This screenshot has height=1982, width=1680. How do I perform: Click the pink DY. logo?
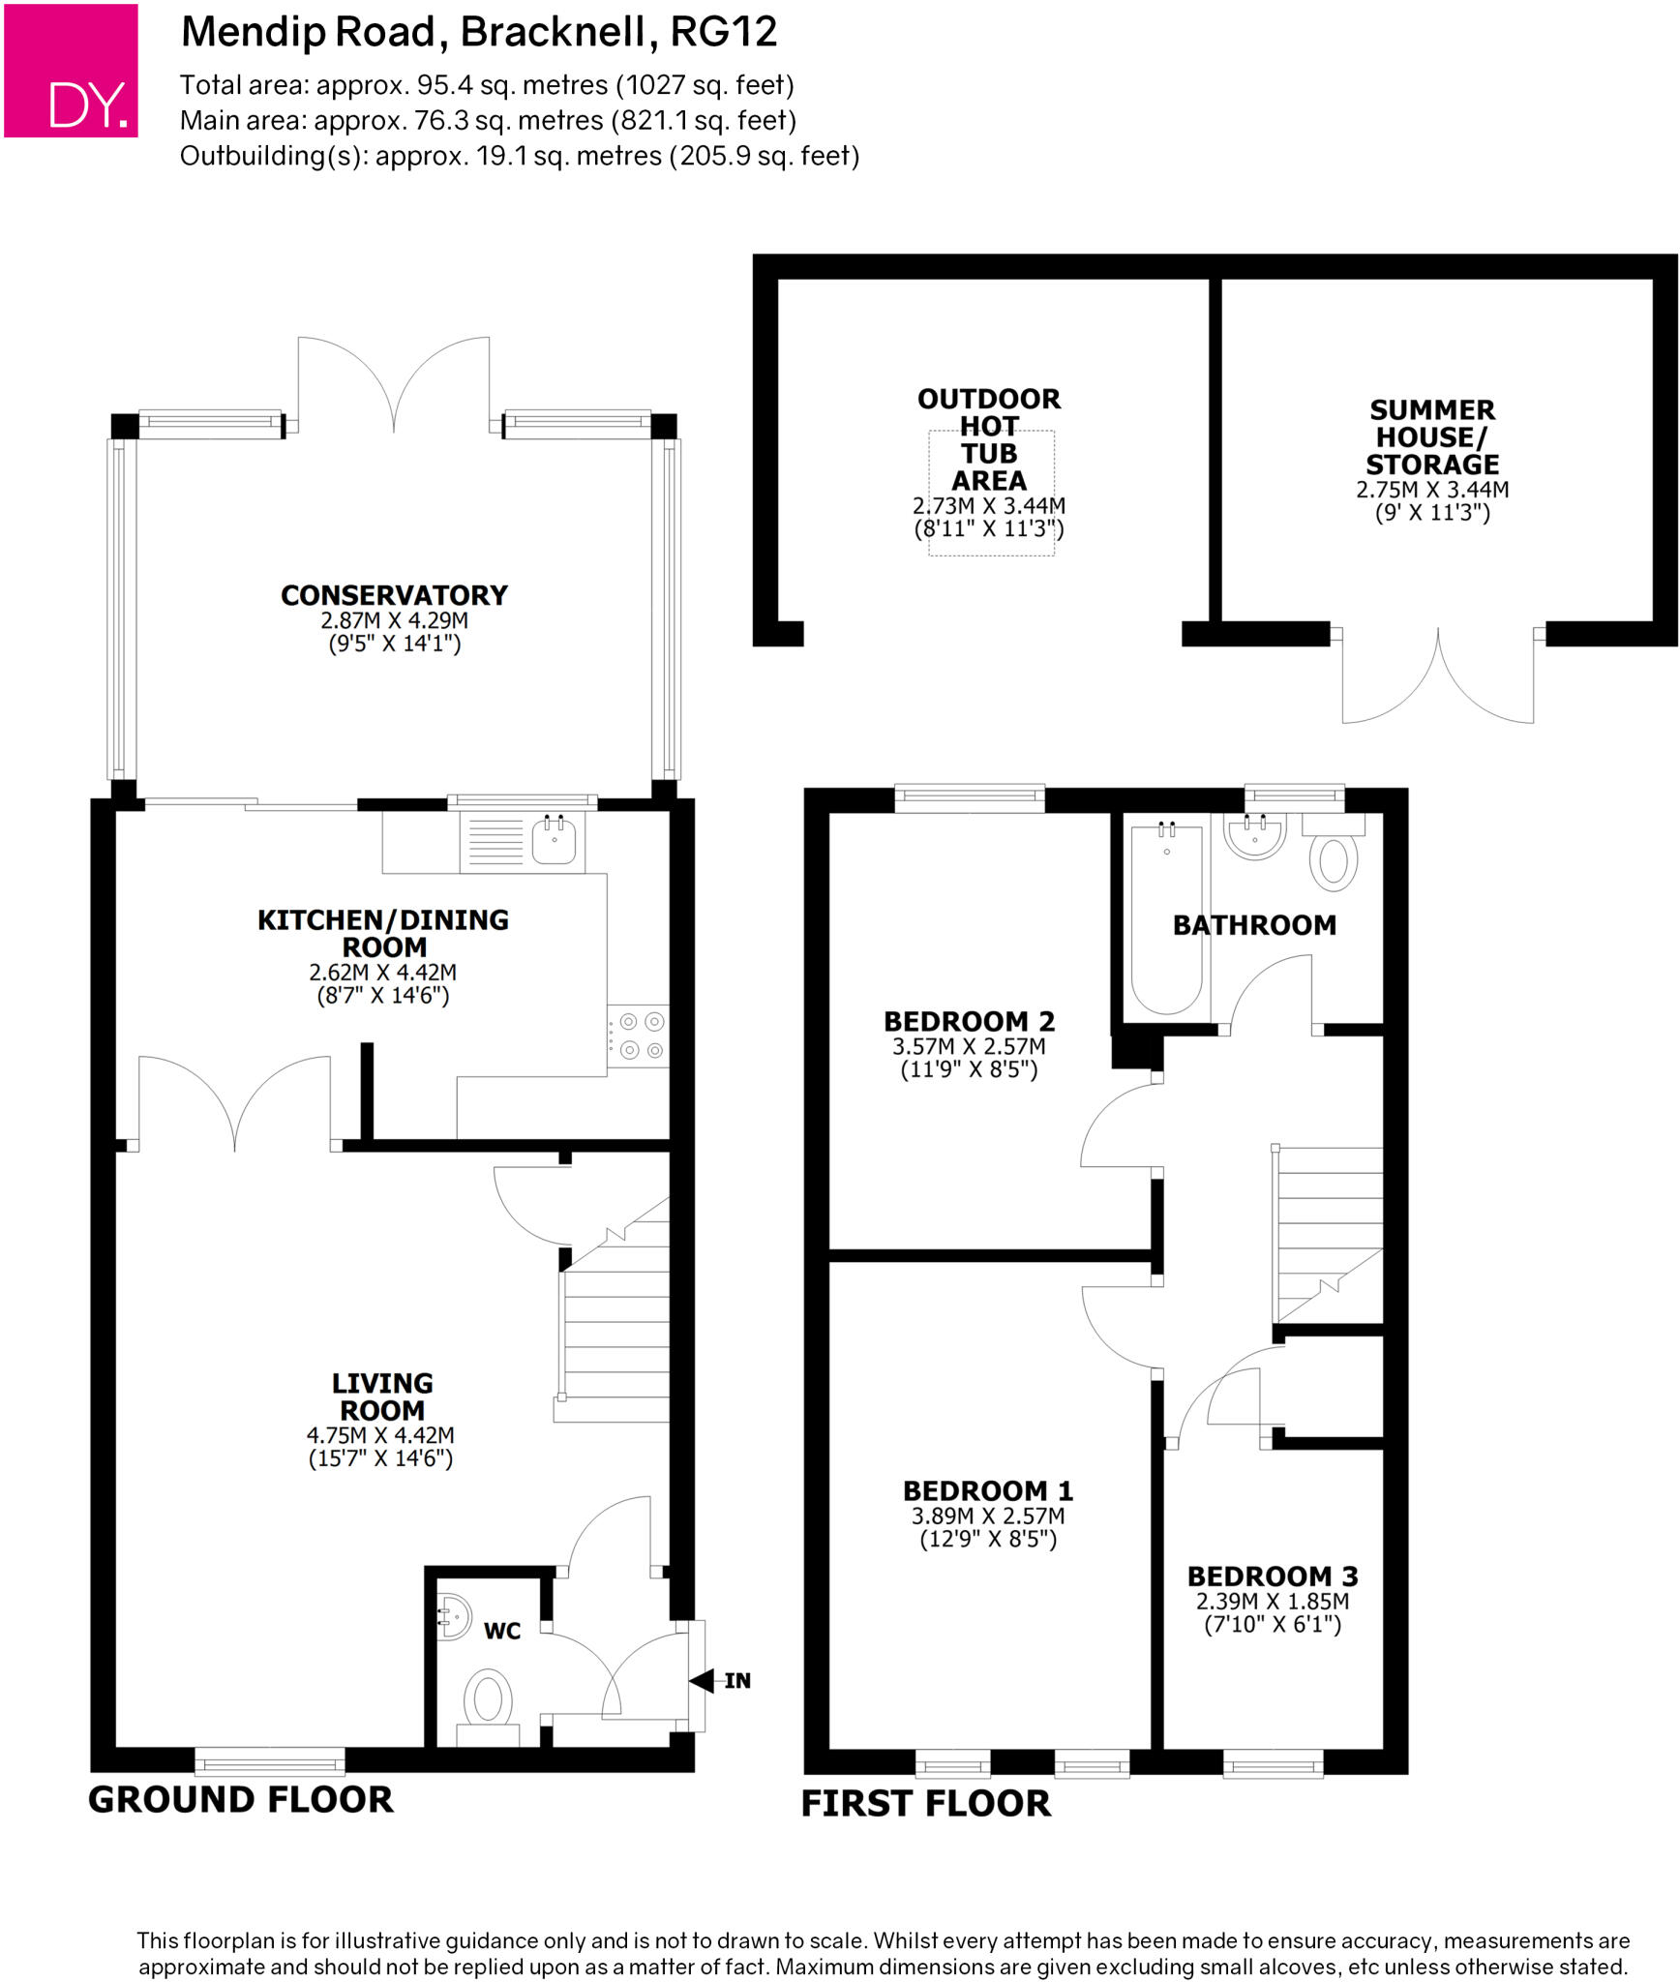click(71, 70)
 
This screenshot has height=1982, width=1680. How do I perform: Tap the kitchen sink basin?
click(554, 839)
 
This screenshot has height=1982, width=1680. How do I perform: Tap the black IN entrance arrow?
click(702, 1680)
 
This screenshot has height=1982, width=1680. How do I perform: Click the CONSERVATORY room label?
click(394, 595)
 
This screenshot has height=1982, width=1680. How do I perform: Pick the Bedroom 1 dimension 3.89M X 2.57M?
click(987, 1516)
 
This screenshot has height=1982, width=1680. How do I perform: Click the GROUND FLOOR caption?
click(241, 1800)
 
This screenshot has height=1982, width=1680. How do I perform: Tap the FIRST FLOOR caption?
click(925, 1804)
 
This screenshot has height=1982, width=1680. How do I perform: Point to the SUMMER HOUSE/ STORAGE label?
click(1432, 437)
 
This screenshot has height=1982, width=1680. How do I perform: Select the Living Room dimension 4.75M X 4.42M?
click(380, 1435)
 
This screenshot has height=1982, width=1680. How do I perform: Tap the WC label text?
click(502, 1632)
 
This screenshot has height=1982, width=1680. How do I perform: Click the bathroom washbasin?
click(1254, 834)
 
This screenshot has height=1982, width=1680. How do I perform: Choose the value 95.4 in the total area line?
click(444, 86)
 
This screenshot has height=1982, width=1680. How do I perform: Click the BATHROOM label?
click(1254, 925)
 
